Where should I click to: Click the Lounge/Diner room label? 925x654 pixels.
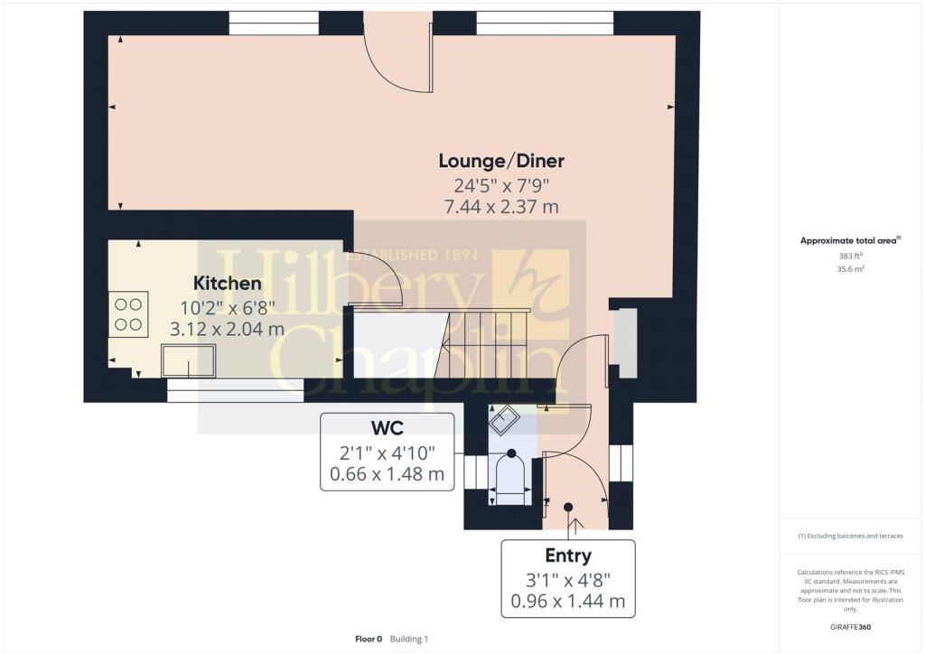pyautogui.click(x=501, y=161)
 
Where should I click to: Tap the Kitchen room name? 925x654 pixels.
pyautogui.click(x=227, y=283)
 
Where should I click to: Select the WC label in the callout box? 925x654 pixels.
pyautogui.click(x=387, y=427)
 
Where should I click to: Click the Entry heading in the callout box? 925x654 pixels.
pyautogui.click(x=568, y=556)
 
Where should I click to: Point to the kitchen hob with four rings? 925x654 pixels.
pyautogui.click(x=128, y=314)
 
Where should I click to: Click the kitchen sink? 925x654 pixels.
pyautogui.click(x=188, y=361)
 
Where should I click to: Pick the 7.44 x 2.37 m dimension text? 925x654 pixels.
pyautogui.click(x=501, y=207)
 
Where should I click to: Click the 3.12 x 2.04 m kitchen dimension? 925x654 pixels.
pyautogui.click(x=227, y=329)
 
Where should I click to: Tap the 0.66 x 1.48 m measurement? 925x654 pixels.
pyautogui.click(x=387, y=474)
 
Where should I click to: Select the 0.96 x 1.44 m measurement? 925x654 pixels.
pyautogui.click(x=568, y=602)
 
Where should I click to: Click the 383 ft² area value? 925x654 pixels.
pyautogui.click(x=851, y=256)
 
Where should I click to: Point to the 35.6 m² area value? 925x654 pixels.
pyautogui.click(x=851, y=269)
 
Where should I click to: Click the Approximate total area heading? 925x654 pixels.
pyautogui.click(x=850, y=240)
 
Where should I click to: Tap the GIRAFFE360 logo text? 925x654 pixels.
pyautogui.click(x=851, y=627)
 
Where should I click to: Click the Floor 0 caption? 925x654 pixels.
pyautogui.click(x=369, y=639)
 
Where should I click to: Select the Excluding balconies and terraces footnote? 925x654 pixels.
pyautogui.click(x=850, y=536)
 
